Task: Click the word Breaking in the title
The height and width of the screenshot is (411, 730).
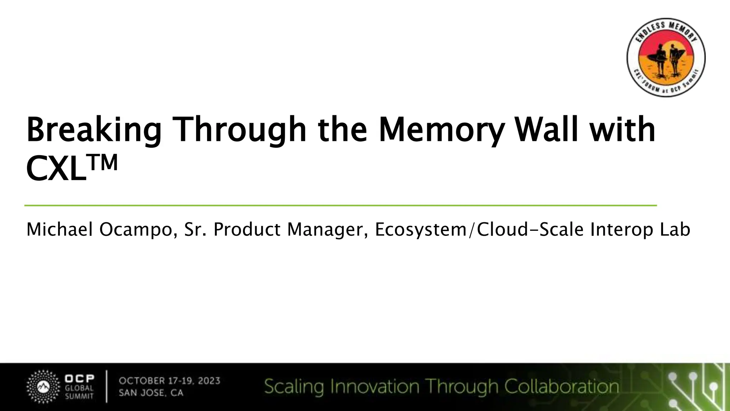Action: point(94,130)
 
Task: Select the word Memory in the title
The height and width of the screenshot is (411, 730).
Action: point(441,130)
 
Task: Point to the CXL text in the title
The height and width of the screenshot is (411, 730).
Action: point(56,169)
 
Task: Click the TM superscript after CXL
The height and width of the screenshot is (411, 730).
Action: point(103,163)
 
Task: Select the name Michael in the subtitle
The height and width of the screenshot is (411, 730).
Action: point(60,229)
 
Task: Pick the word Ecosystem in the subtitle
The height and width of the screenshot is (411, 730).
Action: point(421,229)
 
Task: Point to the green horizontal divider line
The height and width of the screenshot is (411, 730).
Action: point(340,205)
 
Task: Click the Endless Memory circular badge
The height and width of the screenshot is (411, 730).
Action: point(666,57)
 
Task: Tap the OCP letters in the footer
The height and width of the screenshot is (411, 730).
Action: point(79,379)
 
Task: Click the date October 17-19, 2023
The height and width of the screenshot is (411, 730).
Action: point(169,381)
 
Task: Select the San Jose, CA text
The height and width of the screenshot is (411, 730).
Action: point(151,393)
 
